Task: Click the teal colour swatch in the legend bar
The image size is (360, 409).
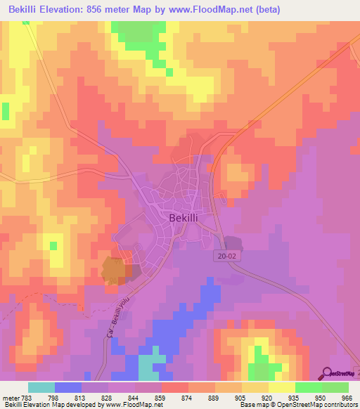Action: tap(41, 387)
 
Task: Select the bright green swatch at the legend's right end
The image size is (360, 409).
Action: tap(335, 387)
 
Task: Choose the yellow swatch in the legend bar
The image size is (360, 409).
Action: tap(281, 387)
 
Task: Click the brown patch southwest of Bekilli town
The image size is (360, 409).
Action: tap(114, 270)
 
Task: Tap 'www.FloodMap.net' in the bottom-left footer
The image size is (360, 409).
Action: tap(134, 405)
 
